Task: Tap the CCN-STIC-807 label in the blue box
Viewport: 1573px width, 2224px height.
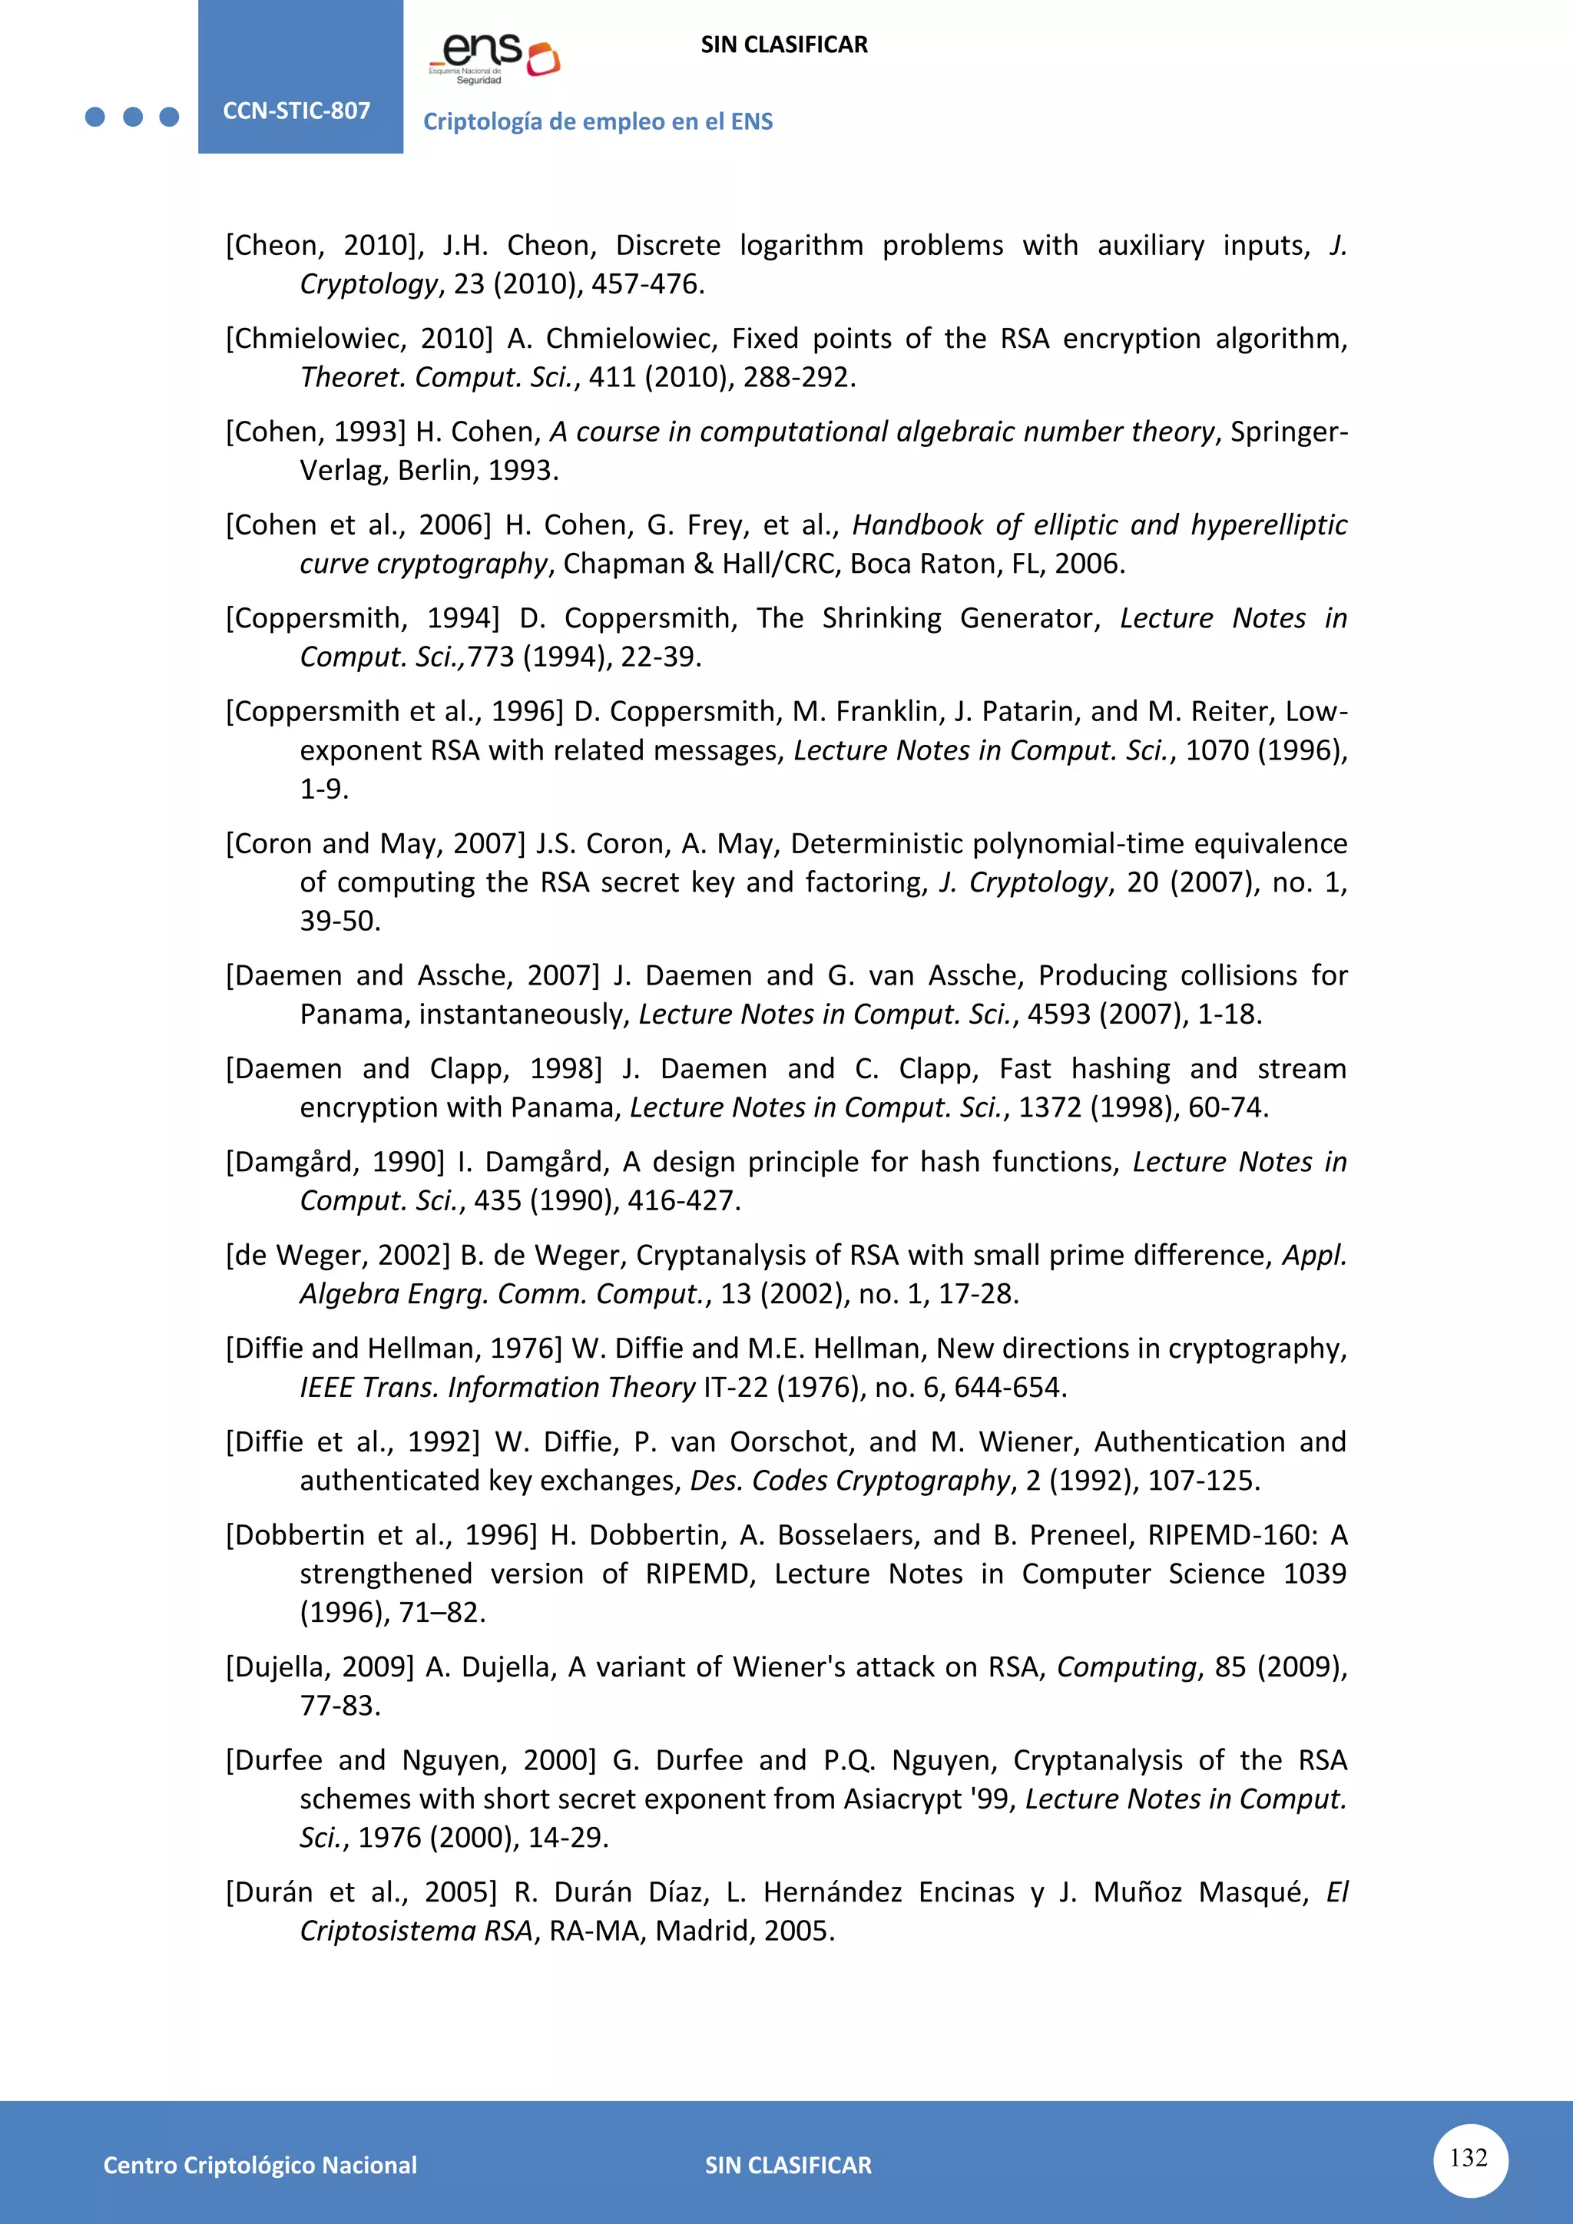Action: pos(296,111)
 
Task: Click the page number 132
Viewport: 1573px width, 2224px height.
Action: pos(1469,2158)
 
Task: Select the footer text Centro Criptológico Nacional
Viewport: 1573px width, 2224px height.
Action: pos(260,2165)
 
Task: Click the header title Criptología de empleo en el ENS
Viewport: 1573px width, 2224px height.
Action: pos(598,121)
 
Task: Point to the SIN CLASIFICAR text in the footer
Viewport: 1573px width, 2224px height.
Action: pos(787,2165)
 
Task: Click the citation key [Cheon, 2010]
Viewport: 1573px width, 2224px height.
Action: pos(324,245)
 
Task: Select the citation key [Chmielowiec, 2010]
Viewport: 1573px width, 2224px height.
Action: pos(359,338)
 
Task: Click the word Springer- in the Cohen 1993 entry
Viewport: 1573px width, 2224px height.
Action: pos(1288,431)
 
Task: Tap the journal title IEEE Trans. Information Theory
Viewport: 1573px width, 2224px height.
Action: pos(497,1387)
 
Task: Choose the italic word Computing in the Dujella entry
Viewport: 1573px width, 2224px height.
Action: pos(1128,1667)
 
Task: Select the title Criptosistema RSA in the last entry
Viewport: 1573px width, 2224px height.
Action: pos(416,1931)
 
